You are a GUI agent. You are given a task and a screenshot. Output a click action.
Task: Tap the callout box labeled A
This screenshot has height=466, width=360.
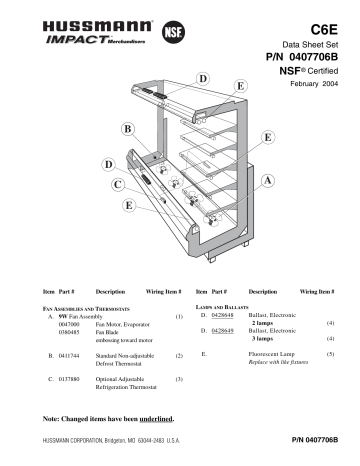[x=268, y=179]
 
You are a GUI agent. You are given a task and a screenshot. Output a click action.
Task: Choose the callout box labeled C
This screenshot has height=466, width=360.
[x=118, y=185]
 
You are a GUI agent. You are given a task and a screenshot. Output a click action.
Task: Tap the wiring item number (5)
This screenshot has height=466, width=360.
[x=330, y=355]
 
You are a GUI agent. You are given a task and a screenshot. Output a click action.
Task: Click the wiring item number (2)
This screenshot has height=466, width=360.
[x=178, y=355]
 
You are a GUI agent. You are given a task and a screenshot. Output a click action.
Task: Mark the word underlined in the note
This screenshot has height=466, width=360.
[x=159, y=416]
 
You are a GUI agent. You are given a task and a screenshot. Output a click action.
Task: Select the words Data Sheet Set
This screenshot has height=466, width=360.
[x=313, y=46]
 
